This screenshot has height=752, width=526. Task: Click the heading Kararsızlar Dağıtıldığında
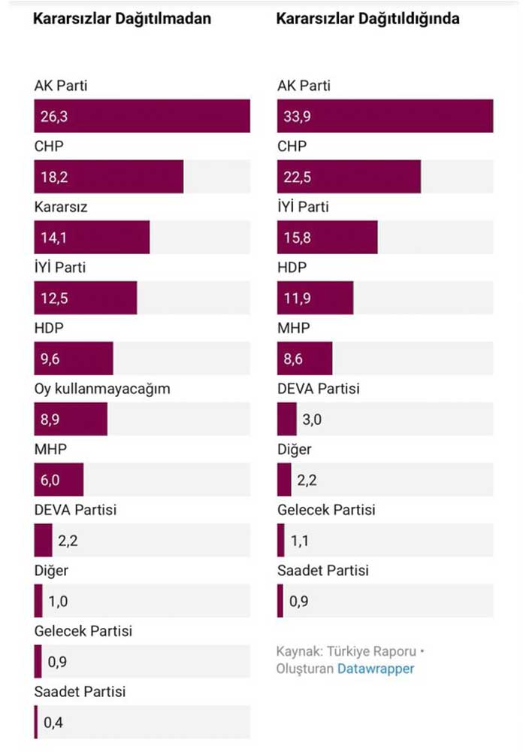tap(368, 19)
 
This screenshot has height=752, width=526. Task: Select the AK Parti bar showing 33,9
tap(385, 116)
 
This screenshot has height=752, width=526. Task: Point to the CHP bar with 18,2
tap(108, 177)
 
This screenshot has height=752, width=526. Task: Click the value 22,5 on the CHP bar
tap(292, 177)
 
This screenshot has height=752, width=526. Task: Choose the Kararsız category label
tap(61, 207)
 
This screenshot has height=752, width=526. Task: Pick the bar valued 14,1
tap(92, 238)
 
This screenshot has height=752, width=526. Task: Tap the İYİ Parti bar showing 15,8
tap(327, 238)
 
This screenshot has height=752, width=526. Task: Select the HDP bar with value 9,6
tap(74, 359)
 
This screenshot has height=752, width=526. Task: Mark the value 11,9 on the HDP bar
tap(292, 299)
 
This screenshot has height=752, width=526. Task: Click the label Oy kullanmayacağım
tap(102, 389)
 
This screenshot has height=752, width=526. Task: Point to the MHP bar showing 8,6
tap(304, 359)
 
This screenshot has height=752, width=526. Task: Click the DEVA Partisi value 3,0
tap(312, 420)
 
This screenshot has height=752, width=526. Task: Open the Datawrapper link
tap(376, 668)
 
